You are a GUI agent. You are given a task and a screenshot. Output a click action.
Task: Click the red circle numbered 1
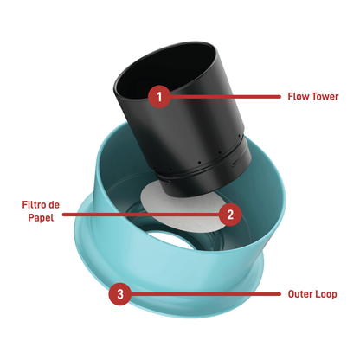[159, 97]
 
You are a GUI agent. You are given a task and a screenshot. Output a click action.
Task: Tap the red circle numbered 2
[230, 215]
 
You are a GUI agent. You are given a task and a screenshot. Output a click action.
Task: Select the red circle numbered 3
[119, 294]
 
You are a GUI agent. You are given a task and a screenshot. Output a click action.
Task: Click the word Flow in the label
[297, 96]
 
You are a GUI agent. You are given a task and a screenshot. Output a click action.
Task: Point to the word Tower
[324, 96]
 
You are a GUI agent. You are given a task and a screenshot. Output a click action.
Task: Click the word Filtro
[34, 205]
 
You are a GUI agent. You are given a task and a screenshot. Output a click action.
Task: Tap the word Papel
[41, 217]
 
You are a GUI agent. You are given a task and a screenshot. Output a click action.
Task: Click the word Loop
[326, 294]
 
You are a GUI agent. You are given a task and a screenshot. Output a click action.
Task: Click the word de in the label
[54, 205]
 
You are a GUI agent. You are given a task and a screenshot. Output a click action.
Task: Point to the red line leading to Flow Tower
[225, 97]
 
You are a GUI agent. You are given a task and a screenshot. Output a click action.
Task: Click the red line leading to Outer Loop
[205, 294]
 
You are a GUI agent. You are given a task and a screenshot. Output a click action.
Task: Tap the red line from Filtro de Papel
[141, 215]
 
